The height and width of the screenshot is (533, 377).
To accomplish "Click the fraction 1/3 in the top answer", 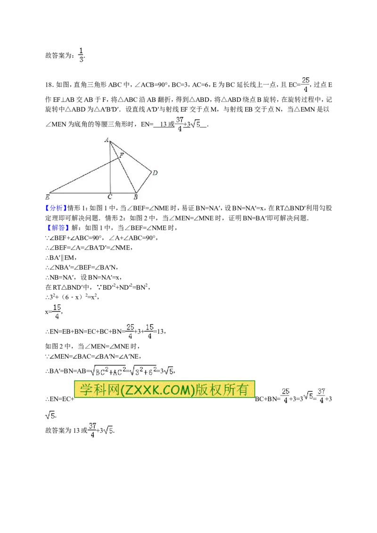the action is tap(81, 55).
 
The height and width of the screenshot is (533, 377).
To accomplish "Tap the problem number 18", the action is tap(49, 85).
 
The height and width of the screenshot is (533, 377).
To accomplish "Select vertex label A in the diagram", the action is tap(107, 140).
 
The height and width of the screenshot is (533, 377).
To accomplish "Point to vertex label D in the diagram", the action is tap(155, 173).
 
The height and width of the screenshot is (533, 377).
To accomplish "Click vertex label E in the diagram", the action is tap(47, 197).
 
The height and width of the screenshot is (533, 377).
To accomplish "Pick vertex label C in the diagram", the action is tap(109, 197).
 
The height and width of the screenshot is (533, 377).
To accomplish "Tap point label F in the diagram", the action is tap(122, 155).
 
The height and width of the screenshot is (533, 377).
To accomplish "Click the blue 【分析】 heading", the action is tap(56, 208).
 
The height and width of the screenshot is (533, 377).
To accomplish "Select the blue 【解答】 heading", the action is tap(56, 228).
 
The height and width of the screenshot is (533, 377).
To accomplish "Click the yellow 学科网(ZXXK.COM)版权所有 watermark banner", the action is tap(164, 389).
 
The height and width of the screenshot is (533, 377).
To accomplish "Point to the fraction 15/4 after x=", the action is tap(57, 312).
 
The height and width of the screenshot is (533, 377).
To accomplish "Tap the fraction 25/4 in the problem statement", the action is tap(305, 85).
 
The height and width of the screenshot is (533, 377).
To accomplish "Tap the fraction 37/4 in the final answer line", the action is tap(92, 430).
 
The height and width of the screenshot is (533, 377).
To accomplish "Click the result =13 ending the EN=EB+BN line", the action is tap(159, 331).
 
